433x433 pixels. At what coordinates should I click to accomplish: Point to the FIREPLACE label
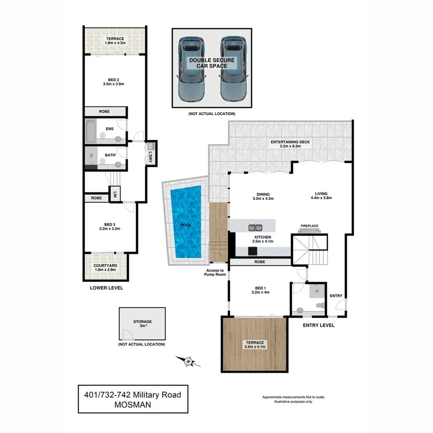pos(310,225)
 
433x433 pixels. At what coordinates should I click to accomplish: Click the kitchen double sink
pos(255,227)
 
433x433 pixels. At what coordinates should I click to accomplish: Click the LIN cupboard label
pos(115,195)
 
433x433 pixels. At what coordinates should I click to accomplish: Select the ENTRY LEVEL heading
pos(318,326)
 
